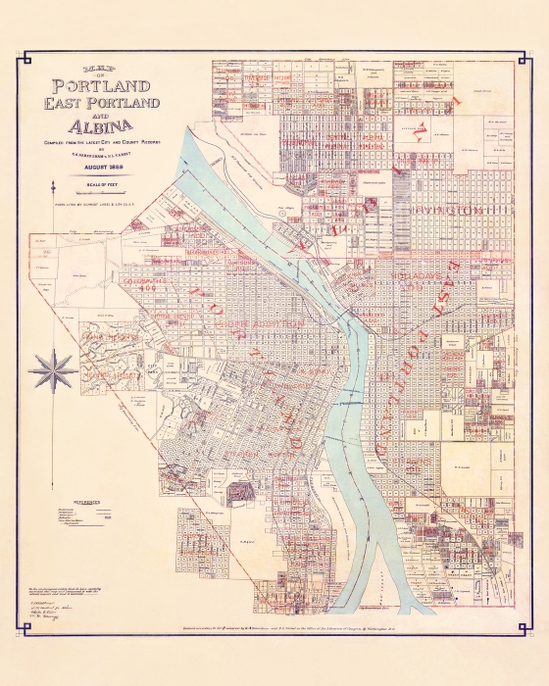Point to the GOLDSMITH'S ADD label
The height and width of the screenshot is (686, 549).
[x=145, y=281]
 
